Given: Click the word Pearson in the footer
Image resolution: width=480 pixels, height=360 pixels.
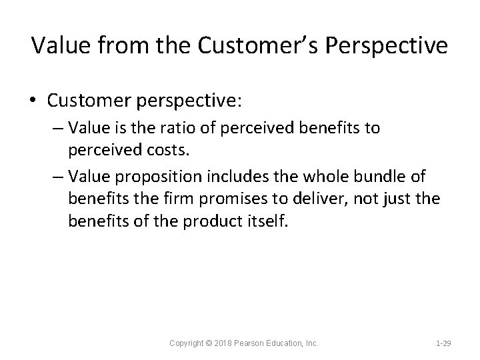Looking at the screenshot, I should tap(250, 343).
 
